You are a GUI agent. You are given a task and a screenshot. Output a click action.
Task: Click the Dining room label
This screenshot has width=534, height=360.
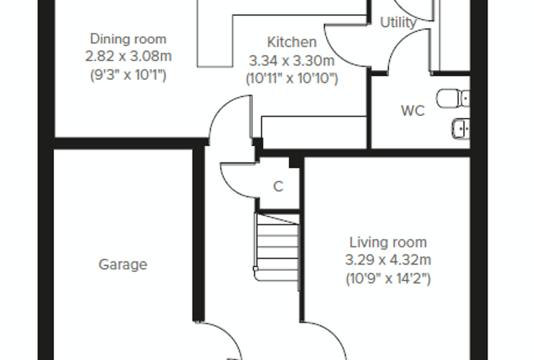[128, 39]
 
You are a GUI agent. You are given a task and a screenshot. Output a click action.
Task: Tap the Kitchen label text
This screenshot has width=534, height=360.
[292, 42]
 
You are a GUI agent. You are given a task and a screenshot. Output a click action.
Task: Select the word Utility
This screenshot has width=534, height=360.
[398, 22]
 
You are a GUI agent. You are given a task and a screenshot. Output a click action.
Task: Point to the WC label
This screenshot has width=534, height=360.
[412, 111]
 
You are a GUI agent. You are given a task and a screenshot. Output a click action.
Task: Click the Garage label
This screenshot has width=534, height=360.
[123, 264]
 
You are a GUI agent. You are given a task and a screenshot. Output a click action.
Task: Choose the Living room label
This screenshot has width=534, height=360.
[388, 243]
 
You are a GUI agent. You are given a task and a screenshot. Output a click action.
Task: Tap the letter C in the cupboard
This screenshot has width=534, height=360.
[278, 186]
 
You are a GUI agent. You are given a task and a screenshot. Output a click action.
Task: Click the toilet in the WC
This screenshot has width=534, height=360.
[453, 98]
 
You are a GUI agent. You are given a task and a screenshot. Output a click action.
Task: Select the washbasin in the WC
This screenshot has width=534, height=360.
[461, 129]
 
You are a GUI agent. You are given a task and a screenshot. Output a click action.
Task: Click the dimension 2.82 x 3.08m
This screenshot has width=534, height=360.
[128, 56]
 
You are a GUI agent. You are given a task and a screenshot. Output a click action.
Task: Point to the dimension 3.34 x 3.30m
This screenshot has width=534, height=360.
[292, 61]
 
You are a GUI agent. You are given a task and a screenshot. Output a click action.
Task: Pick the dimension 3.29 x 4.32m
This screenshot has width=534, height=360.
[388, 260]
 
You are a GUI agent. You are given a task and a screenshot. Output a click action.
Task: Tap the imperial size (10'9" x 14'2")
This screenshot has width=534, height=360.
[388, 278]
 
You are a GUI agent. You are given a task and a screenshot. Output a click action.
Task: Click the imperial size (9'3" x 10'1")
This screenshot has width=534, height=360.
[128, 75]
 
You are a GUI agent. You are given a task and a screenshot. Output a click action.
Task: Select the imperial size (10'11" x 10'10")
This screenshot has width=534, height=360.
[292, 79]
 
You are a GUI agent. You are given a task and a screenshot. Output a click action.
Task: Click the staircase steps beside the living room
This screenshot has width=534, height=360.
[278, 247]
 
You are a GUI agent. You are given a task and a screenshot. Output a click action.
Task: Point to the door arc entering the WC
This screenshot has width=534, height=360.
[397, 44]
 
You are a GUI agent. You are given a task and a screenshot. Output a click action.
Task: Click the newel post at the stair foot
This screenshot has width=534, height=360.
[256, 269]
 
